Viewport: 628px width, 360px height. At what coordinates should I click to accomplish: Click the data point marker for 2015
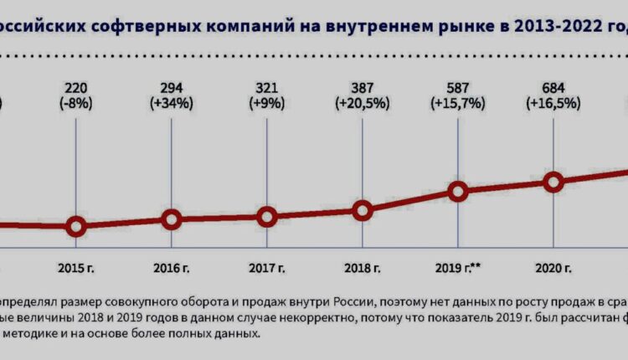coord(76,226)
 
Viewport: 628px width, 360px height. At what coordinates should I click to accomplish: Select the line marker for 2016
coord(171,220)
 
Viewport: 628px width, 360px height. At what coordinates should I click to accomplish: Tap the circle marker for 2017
coord(267,217)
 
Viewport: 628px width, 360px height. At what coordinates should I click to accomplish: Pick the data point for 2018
coord(363,210)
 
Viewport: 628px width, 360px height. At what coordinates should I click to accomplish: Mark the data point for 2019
coord(457,192)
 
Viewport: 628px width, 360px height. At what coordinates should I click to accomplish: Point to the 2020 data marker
coord(553,182)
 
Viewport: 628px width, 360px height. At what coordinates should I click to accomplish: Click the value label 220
coord(76,88)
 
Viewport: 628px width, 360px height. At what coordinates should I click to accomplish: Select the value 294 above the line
coord(171,88)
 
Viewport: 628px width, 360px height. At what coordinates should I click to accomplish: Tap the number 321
coord(267,88)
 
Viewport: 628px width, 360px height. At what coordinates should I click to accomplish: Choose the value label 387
coord(363,88)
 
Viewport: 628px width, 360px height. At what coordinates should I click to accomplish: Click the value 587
coord(457,88)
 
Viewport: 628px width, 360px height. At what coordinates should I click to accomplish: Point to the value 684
coord(553,88)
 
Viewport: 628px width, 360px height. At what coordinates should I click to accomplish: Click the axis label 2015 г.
coord(76,269)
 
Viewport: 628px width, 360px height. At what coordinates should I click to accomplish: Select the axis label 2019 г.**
coord(457,269)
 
